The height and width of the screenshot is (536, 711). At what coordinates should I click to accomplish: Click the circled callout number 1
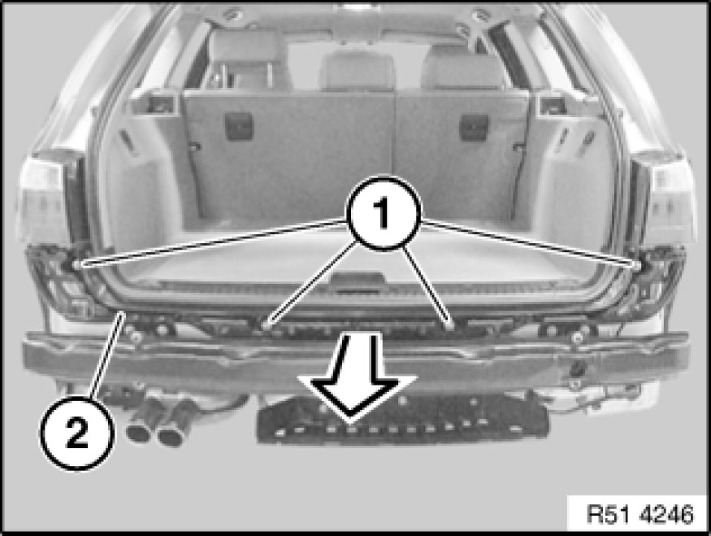click(x=384, y=213)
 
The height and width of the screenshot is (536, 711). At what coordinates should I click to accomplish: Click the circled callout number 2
click(x=76, y=433)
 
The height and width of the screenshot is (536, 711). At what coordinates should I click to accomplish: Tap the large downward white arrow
click(x=357, y=377)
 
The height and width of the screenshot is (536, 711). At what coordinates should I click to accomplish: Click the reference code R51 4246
click(x=639, y=514)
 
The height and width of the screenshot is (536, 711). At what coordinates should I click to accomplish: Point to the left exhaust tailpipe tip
click(x=139, y=432)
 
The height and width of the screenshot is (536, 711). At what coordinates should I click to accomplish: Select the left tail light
click(x=48, y=200)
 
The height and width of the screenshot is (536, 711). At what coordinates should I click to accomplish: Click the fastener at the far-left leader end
click(x=76, y=264)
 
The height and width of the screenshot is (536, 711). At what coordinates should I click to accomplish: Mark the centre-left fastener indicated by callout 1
click(x=265, y=324)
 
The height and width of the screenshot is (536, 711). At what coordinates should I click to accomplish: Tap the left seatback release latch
click(x=239, y=127)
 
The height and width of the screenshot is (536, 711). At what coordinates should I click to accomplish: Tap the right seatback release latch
click(x=475, y=127)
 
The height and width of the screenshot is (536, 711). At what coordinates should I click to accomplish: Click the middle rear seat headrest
click(x=358, y=72)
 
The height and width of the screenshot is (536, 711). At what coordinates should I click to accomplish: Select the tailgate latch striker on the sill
click(x=357, y=284)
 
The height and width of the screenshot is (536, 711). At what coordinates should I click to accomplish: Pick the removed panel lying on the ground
click(x=403, y=420)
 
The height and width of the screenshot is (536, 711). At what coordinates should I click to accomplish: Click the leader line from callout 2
click(x=107, y=355)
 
